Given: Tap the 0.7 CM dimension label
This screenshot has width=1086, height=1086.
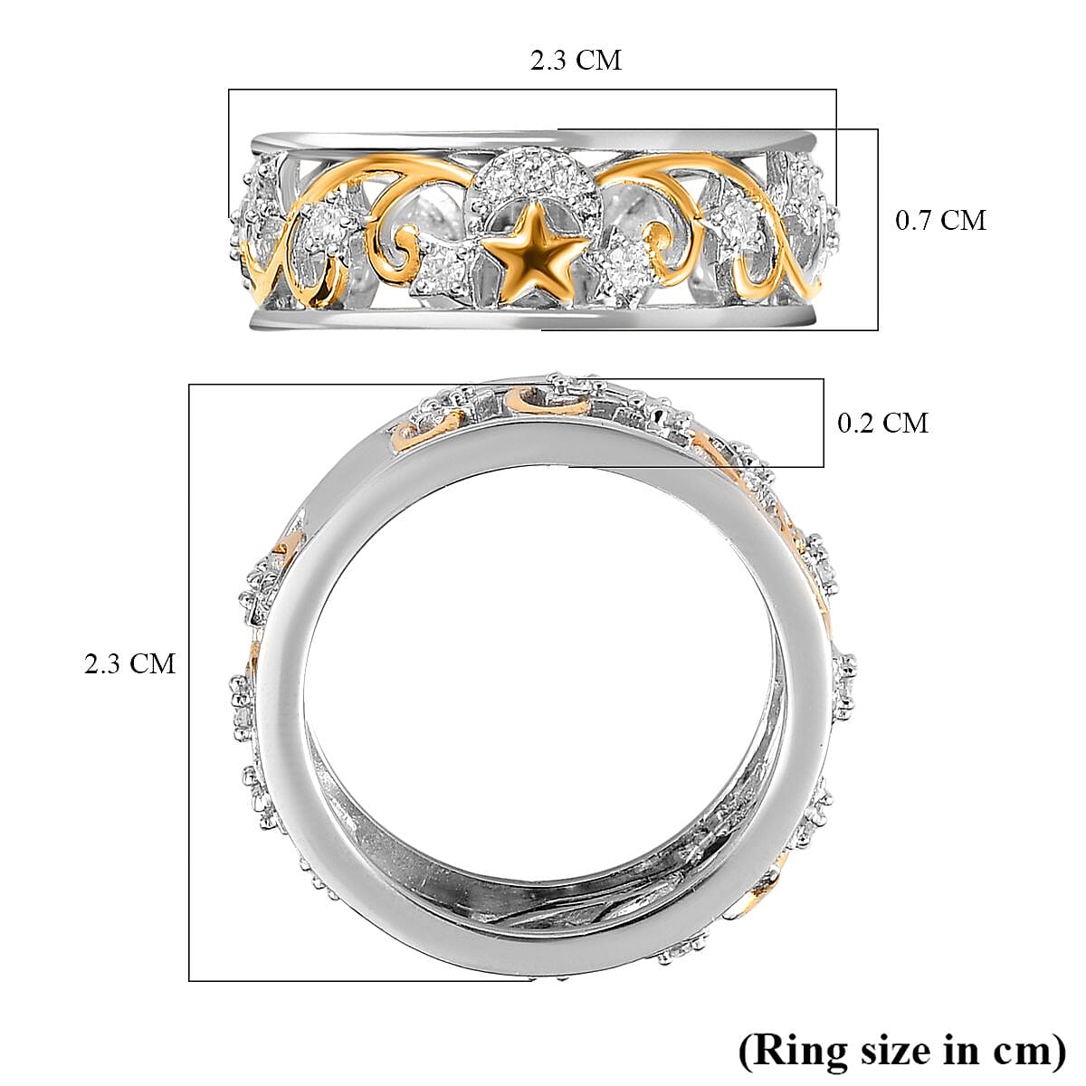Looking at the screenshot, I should tap(940, 220).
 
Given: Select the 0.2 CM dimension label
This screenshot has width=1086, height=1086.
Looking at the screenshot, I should tap(882, 423).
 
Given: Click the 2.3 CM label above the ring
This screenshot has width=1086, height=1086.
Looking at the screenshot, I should tap(576, 60).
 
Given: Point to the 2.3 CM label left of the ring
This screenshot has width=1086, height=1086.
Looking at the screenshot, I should tap(130, 663).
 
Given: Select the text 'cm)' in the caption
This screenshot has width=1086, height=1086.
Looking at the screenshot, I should tap(1028, 1051).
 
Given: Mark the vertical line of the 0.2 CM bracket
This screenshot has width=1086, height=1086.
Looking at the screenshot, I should tap(823, 423).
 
